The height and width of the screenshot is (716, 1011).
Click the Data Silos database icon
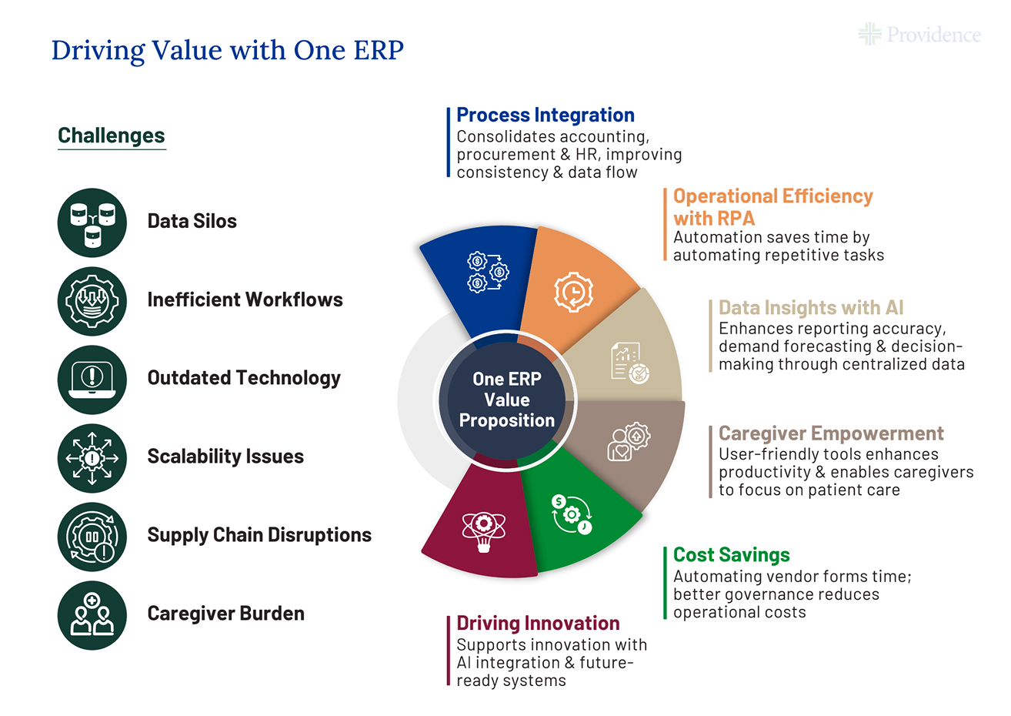click(92, 222)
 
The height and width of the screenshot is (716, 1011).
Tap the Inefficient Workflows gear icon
click(92, 301)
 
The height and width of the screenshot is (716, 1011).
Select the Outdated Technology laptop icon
click(92, 380)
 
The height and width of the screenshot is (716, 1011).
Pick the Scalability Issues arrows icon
click(92, 458)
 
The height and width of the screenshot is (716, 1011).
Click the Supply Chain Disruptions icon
click(92, 537)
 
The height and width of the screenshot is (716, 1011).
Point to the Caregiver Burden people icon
click(92, 615)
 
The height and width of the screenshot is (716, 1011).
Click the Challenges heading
click(112, 136)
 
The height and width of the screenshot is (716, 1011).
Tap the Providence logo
click(919, 35)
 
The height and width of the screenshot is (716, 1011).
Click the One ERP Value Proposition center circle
click(506, 400)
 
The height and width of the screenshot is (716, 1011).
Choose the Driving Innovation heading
click(538, 623)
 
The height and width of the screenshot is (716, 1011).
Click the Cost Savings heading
click(731, 555)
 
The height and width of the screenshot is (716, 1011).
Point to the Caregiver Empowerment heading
click(831, 433)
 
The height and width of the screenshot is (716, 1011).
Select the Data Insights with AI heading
click(811, 308)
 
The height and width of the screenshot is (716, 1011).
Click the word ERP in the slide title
click(379, 50)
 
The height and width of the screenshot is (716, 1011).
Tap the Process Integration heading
click(546, 115)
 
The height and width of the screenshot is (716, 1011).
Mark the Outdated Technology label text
click(244, 379)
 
